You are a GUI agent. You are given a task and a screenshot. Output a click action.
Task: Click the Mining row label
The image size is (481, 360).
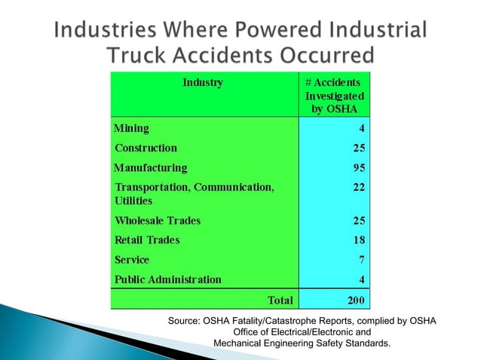[131, 129]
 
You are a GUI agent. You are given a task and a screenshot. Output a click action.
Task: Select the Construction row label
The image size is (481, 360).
[146, 148]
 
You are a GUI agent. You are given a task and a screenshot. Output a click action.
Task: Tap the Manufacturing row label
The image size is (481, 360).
[150, 167]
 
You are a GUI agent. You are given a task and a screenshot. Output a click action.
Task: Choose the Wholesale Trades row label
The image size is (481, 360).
[158, 221]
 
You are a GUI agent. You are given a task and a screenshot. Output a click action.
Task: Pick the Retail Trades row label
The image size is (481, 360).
[147, 240]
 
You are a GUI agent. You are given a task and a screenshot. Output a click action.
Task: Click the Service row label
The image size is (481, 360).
[132, 260]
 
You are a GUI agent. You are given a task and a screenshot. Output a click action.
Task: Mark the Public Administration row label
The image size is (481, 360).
[167, 279]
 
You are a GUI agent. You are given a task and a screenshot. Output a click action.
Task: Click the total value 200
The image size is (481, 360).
[355, 301]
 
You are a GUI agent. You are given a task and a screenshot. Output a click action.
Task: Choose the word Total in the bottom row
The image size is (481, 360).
[280, 301]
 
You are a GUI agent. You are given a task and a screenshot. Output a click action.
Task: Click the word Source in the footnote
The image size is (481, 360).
[183, 322]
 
